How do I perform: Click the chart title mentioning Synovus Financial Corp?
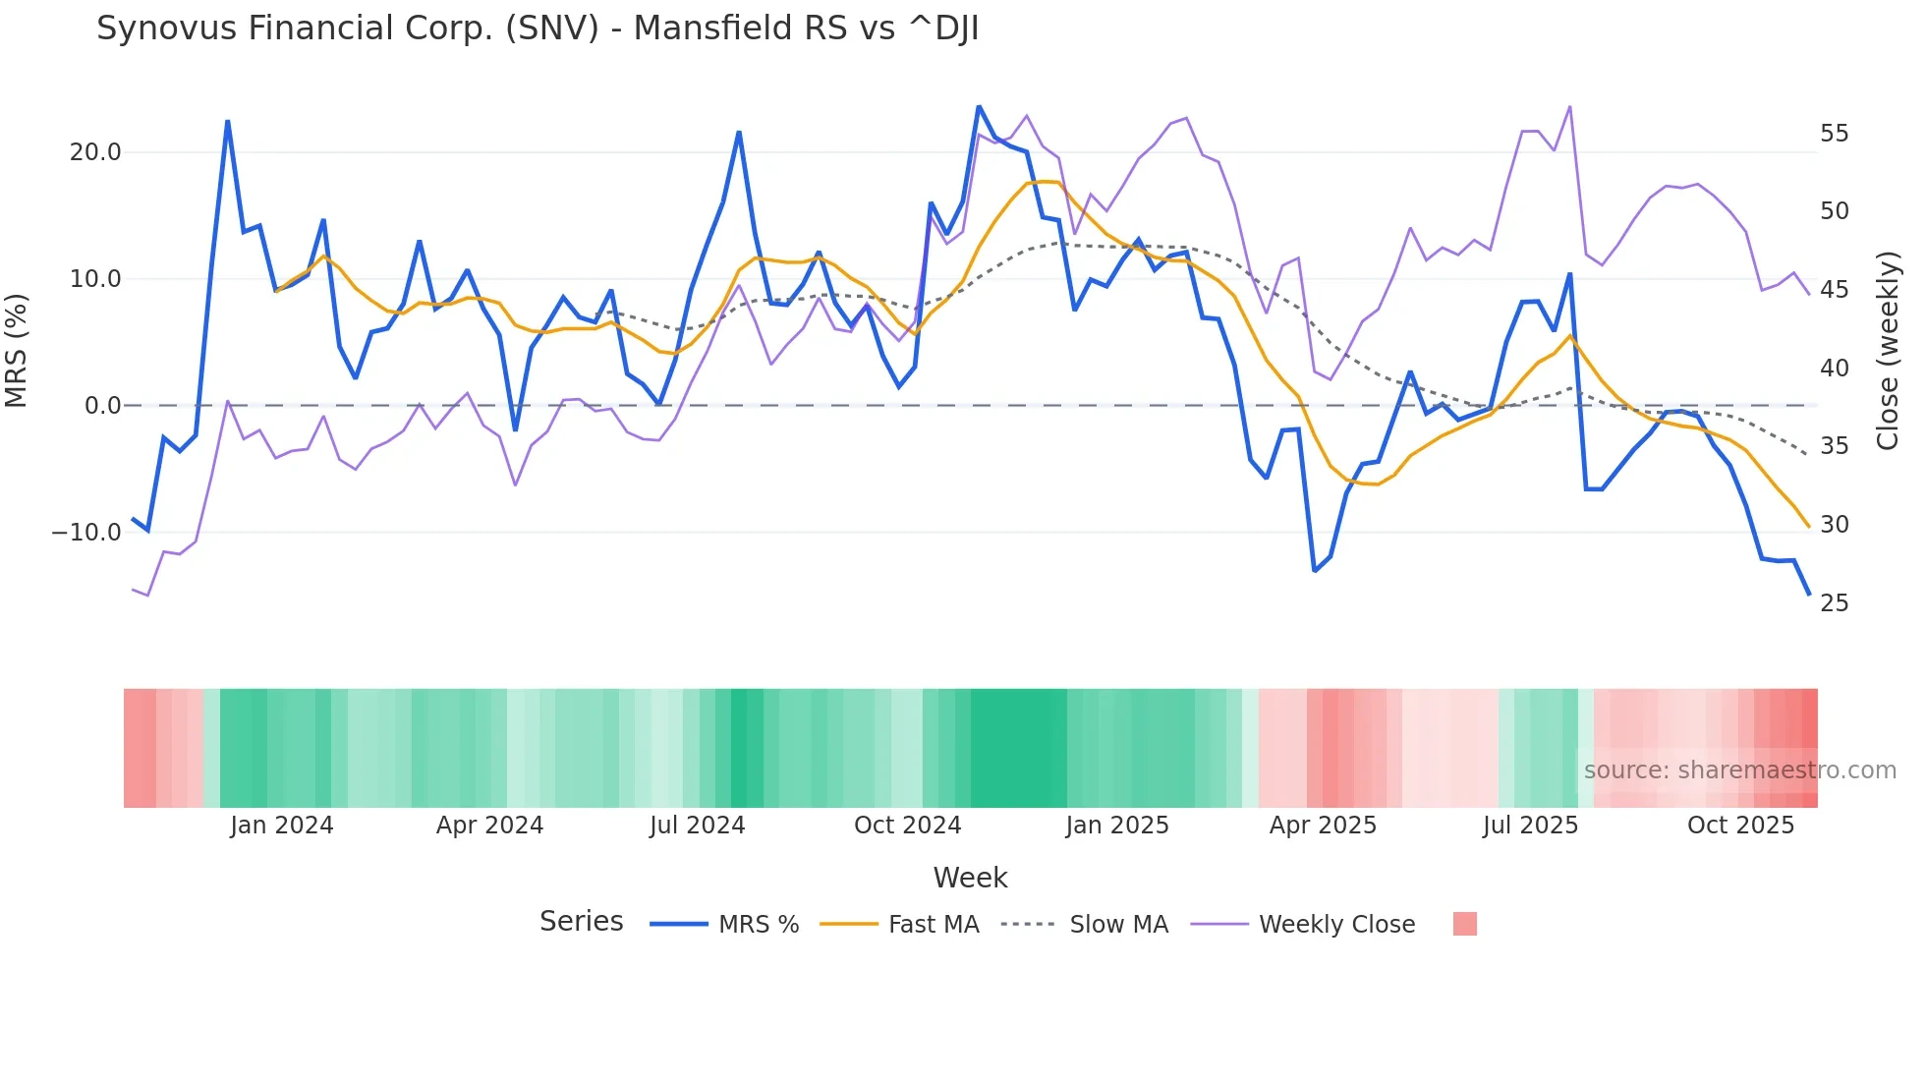[x=538, y=28]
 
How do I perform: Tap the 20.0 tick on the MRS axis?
[x=95, y=152]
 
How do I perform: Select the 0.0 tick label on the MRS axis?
[x=102, y=406]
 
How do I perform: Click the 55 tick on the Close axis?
[x=1834, y=134]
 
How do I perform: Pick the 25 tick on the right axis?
[x=1834, y=603]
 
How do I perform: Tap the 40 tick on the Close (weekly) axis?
[x=1834, y=369]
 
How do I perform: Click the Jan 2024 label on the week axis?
[x=282, y=826]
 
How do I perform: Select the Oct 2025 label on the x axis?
[x=1740, y=826]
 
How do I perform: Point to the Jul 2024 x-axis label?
[x=697, y=826]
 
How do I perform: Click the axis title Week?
[x=970, y=878]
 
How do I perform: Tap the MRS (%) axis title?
[x=17, y=350]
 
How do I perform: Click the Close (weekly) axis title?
[x=1887, y=351]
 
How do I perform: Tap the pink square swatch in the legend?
[x=1464, y=925]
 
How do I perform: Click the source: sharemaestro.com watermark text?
[x=1739, y=770]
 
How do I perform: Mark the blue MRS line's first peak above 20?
[x=228, y=122]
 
